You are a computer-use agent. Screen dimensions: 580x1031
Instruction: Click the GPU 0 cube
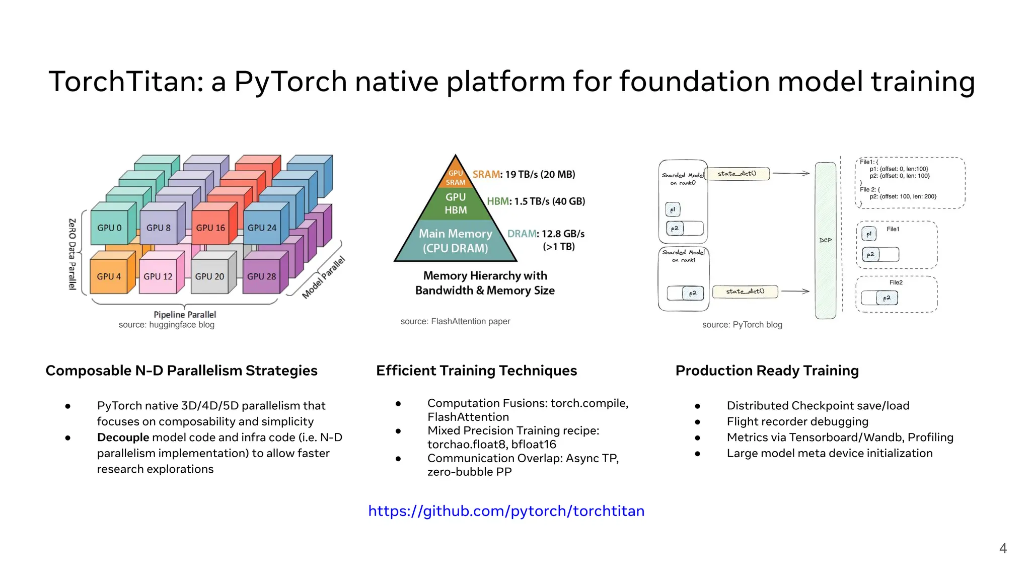[109, 228]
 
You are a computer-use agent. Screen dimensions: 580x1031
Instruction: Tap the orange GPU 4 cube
[109, 276]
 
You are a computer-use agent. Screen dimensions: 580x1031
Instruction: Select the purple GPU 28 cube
[261, 276]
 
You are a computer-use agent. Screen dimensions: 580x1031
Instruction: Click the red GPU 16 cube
[210, 228]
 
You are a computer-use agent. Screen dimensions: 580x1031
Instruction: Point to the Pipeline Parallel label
[184, 314]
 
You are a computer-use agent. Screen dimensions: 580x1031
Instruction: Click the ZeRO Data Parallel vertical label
[72, 254]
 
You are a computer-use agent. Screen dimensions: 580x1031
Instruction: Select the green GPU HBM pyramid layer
[456, 203]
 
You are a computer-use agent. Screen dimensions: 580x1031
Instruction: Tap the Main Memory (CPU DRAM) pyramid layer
[455, 241]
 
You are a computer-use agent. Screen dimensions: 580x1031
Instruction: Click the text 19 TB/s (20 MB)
[540, 174]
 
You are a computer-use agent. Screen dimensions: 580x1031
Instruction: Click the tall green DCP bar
[825, 240]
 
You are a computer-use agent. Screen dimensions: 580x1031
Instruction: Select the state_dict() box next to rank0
[737, 174]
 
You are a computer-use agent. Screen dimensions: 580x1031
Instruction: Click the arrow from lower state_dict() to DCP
[795, 291]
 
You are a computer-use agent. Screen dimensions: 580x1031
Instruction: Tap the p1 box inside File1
[869, 234]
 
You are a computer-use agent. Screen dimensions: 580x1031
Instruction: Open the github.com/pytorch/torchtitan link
[506, 511]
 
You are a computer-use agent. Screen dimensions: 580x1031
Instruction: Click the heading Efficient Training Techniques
[476, 371]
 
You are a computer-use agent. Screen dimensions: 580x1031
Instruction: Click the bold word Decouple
[123, 437]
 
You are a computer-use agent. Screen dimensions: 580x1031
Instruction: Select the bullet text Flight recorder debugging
[797, 421]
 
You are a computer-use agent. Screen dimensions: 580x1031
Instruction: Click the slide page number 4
[1002, 548]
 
